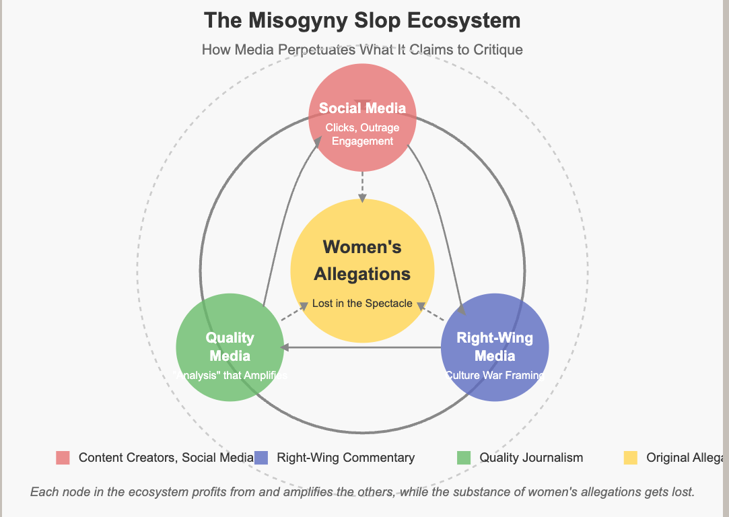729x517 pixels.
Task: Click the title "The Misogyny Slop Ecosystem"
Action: (362, 20)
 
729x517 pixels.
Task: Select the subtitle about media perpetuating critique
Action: (362, 50)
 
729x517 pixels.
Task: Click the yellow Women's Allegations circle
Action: (362, 222)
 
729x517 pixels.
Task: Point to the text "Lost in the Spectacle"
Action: (362, 304)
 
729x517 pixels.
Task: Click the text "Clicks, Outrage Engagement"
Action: (362, 135)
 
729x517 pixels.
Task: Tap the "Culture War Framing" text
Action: (495, 376)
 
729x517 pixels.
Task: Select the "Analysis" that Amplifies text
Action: (230, 376)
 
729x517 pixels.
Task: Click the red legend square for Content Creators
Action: (63, 458)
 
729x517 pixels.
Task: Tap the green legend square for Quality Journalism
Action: (463, 458)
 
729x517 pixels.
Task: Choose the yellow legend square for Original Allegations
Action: (630, 458)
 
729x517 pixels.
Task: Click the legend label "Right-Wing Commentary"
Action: (346, 458)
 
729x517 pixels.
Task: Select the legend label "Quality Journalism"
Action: (531, 458)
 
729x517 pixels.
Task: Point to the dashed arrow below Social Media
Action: (362, 185)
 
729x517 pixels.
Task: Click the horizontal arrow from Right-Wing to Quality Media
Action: (363, 347)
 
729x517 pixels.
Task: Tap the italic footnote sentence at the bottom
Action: (362, 492)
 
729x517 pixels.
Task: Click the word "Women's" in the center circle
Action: (362, 247)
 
